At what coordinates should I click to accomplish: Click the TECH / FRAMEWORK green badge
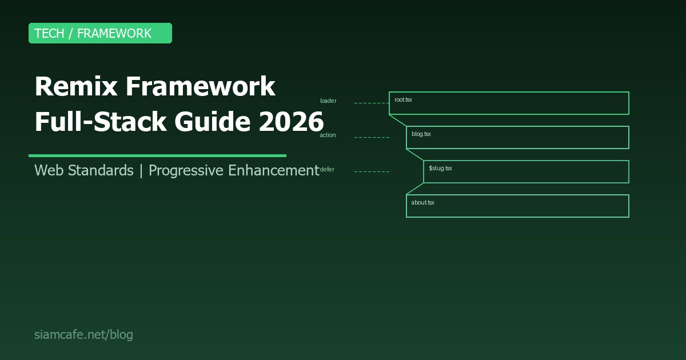click(x=100, y=33)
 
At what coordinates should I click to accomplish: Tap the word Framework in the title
click(x=200, y=87)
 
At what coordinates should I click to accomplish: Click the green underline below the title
click(x=157, y=155)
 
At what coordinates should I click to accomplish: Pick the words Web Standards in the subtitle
click(x=83, y=170)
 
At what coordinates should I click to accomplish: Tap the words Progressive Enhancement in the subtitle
click(x=233, y=170)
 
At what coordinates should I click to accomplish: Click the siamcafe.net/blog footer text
click(x=83, y=335)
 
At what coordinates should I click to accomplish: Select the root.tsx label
click(x=403, y=100)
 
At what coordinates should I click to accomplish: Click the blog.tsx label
click(x=421, y=134)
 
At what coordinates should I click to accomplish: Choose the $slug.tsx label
click(x=440, y=169)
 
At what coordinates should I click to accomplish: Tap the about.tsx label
click(x=422, y=203)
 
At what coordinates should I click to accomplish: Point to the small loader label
click(x=328, y=101)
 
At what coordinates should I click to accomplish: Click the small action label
click(x=328, y=135)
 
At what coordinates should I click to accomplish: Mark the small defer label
click(x=328, y=170)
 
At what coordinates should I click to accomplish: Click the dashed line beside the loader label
click(x=372, y=103)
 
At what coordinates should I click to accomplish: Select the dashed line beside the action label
click(x=372, y=137)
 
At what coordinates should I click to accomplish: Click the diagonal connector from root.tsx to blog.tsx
click(x=398, y=120)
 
